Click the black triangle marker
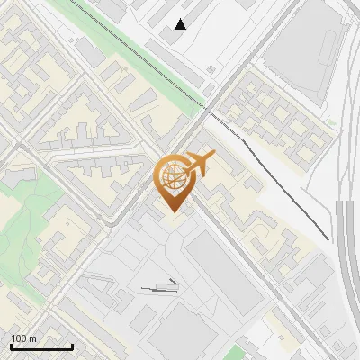181,24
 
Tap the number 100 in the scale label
19,339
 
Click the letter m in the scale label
32,339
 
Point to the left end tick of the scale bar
11,346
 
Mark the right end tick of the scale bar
72,346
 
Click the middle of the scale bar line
41,347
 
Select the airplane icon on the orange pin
200,164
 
